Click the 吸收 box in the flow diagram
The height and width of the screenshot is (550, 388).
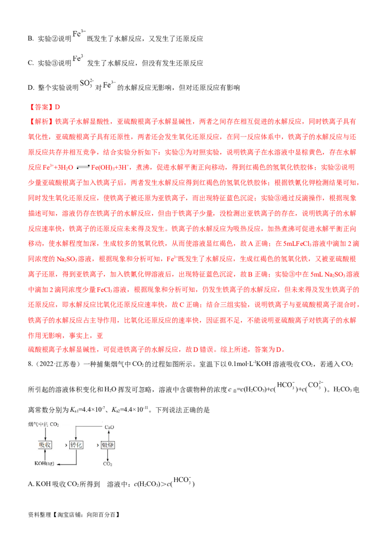coord(45,445)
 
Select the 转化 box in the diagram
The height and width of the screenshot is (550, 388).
coord(77,445)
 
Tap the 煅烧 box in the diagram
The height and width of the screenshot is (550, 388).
coord(108,445)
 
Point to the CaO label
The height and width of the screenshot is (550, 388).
coord(109,427)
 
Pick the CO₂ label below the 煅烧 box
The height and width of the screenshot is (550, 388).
coord(108,464)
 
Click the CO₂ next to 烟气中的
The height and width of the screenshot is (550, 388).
coord(54,425)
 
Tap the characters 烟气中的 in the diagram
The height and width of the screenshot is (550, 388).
coord(38,425)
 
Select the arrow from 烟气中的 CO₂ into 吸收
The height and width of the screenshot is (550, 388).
coord(45,433)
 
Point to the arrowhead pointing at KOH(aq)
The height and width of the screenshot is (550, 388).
coord(57,464)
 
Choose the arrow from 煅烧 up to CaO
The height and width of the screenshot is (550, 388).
coord(108,435)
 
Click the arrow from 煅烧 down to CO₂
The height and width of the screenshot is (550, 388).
coord(108,455)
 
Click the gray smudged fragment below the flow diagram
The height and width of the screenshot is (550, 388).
coord(182,479)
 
